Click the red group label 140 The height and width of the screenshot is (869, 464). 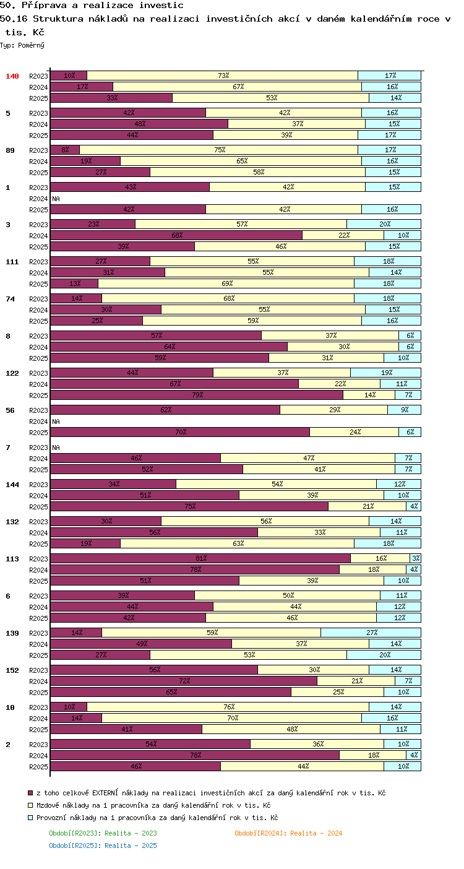coord(12,76)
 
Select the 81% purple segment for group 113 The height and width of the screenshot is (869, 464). coord(200,558)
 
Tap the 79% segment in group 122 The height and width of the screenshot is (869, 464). coord(197,395)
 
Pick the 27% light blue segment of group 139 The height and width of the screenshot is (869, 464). coord(371,633)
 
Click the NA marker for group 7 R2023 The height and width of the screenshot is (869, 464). coord(56,447)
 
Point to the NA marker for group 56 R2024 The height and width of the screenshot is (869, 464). coord(56,422)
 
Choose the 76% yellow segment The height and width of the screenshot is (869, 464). coord(228,707)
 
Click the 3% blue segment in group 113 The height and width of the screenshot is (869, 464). coord(416,558)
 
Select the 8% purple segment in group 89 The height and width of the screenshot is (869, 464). coord(65,150)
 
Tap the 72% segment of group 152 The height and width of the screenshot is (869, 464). coord(184,681)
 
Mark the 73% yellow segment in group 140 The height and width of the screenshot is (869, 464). coord(223,76)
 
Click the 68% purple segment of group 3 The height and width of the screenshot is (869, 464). coord(176,235)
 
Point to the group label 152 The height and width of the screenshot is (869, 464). coord(12,670)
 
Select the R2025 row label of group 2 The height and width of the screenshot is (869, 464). coord(38,767)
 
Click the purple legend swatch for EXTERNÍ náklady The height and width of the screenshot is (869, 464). coord(30,793)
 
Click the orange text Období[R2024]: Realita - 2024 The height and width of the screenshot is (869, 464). coord(288,833)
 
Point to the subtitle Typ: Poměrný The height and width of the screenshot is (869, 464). coord(22,45)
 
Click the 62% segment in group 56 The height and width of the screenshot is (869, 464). coord(165,410)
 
